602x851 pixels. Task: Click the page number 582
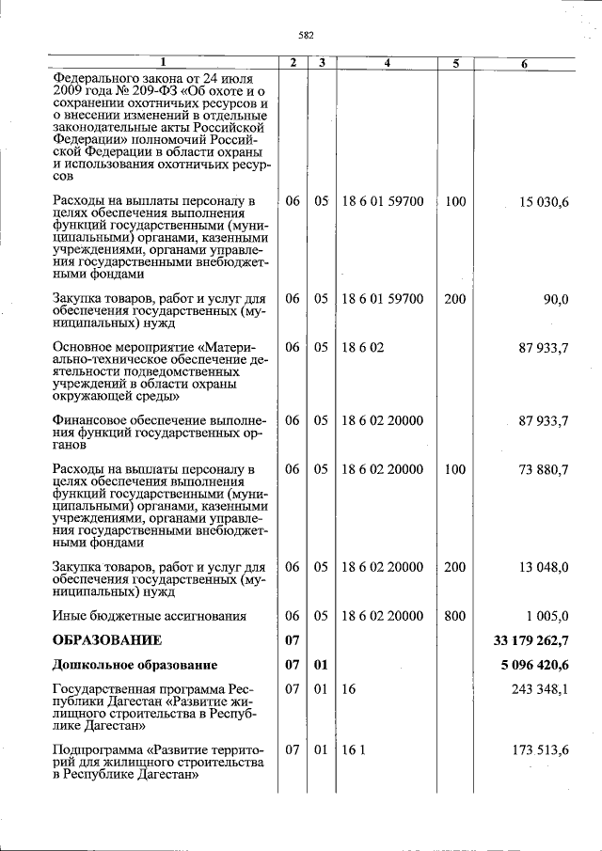pyautogui.click(x=305, y=36)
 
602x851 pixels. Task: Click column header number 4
pyautogui.click(x=387, y=63)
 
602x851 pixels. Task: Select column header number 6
pyautogui.click(x=524, y=63)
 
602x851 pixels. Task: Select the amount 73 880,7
pyautogui.click(x=540, y=470)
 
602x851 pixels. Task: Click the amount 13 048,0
pyautogui.click(x=540, y=567)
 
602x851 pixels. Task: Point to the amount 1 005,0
pyautogui.click(x=546, y=616)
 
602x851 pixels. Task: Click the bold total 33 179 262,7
pyautogui.click(x=531, y=640)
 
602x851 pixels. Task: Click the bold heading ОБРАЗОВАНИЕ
pyautogui.click(x=107, y=640)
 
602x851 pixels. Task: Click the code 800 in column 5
pyautogui.click(x=455, y=616)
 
